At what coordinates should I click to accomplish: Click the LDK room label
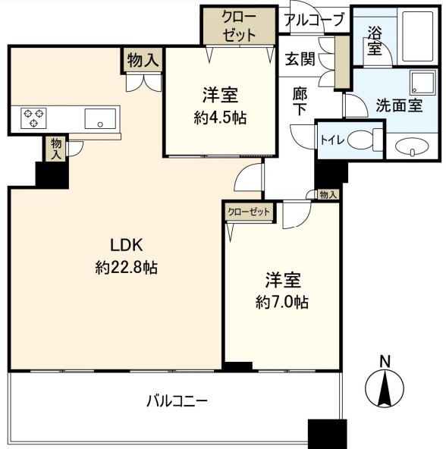[127, 245]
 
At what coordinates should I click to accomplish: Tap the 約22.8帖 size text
[127, 268]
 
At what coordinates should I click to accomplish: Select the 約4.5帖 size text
[220, 118]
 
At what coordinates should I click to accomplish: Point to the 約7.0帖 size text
[282, 302]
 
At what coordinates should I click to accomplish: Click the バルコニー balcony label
[177, 401]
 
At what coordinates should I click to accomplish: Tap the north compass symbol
[385, 384]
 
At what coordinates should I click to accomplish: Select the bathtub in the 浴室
[418, 36]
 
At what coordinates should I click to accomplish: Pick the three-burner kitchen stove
[34, 118]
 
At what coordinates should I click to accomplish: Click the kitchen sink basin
[100, 118]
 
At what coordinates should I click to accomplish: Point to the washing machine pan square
[422, 82]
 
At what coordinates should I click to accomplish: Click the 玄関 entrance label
[300, 59]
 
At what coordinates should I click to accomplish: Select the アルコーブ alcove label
[314, 20]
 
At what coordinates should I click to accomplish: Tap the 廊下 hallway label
[300, 101]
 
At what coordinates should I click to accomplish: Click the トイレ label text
[332, 140]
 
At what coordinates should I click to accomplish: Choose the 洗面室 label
[399, 105]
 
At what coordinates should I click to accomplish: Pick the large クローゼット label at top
[239, 27]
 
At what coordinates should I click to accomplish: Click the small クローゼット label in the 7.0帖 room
[249, 212]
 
